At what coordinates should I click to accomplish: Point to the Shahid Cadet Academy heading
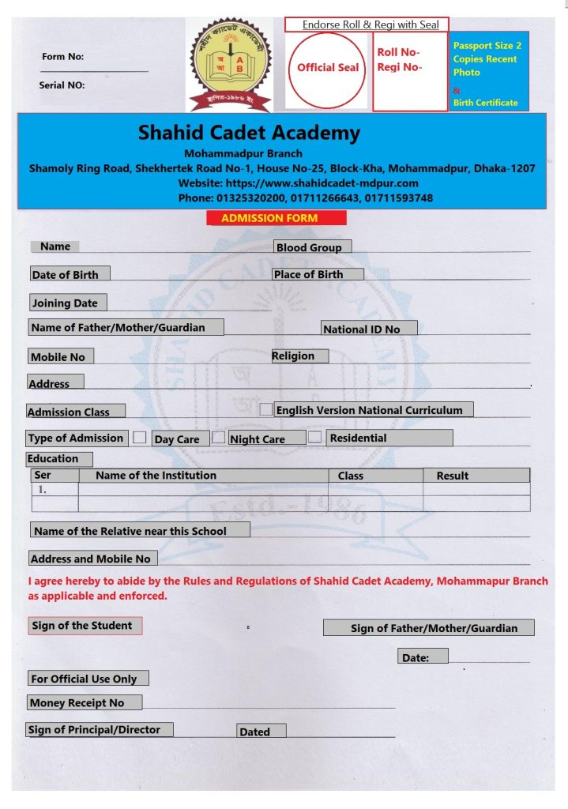[249, 133]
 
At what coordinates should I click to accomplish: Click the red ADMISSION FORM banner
[276, 218]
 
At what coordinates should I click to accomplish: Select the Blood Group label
[312, 247]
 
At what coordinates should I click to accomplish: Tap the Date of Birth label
[69, 274]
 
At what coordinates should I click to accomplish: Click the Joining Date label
[68, 303]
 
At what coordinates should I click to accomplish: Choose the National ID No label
[368, 329]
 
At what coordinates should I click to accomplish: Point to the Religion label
[299, 356]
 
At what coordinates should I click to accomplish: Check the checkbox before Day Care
[140, 437]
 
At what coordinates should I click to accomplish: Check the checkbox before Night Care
[219, 437]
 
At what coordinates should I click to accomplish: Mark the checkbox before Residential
[315, 437]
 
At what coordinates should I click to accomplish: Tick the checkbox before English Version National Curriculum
[266, 409]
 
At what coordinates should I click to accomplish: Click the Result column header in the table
[453, 476]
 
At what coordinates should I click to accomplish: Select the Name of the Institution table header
[156, 475]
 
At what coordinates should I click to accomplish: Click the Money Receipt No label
[85, 702]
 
